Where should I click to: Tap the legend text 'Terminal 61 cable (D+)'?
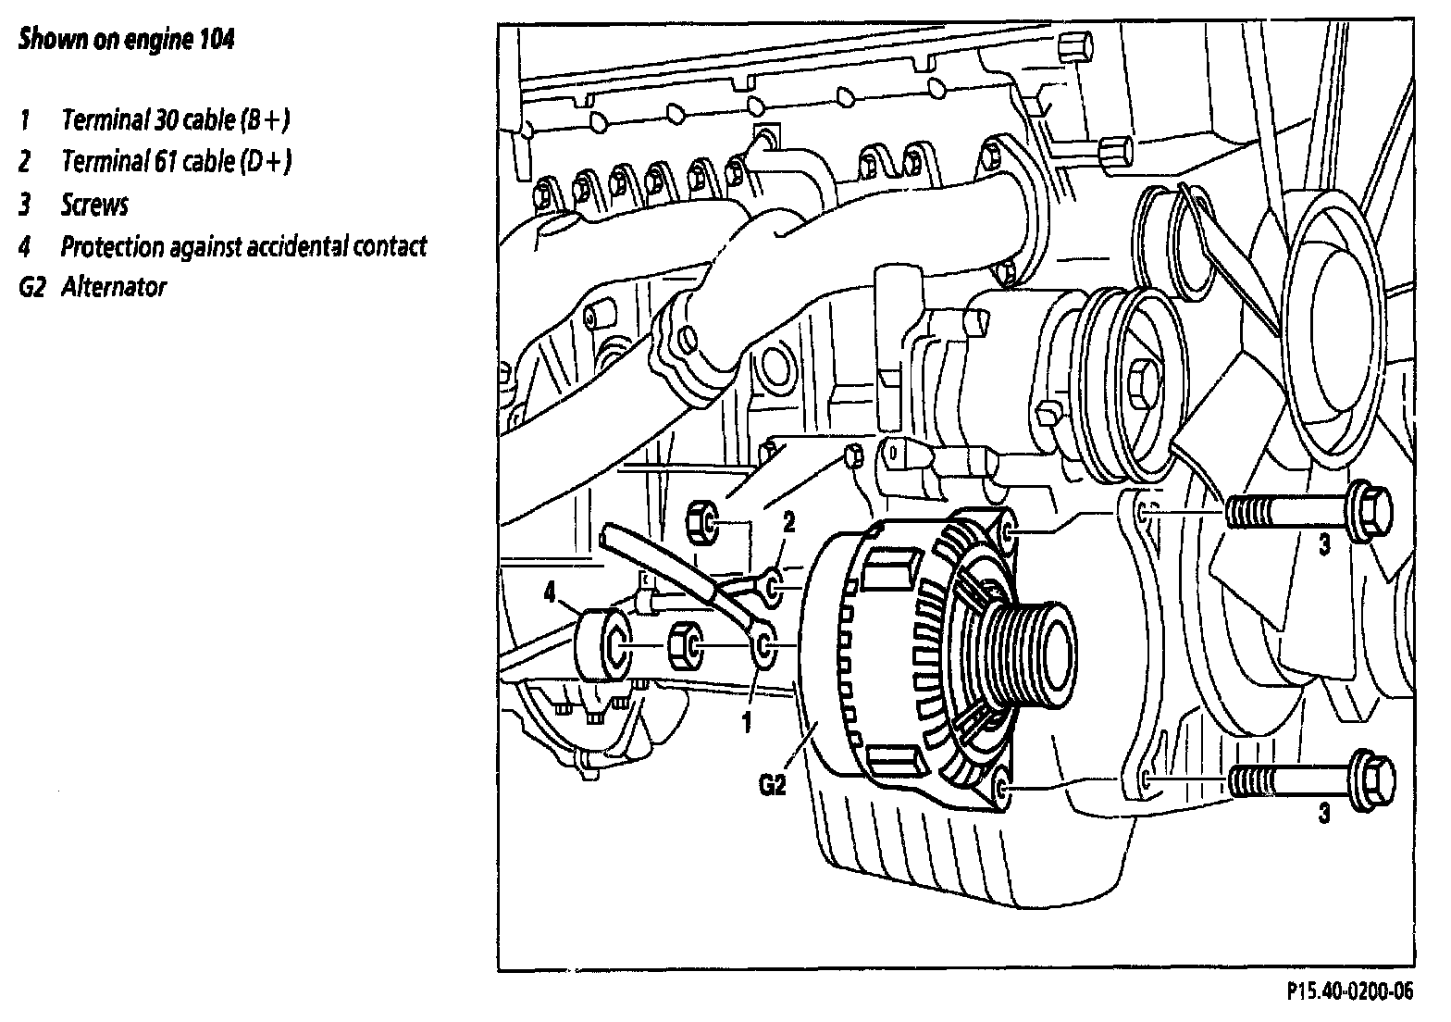[176, 162]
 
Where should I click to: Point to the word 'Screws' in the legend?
[94, 205]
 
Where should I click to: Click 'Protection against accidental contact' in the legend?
[243, 247]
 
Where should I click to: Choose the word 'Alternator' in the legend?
[114, 287]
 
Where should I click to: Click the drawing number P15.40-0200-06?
[1350, 991]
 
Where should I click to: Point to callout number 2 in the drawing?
[788, 524]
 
